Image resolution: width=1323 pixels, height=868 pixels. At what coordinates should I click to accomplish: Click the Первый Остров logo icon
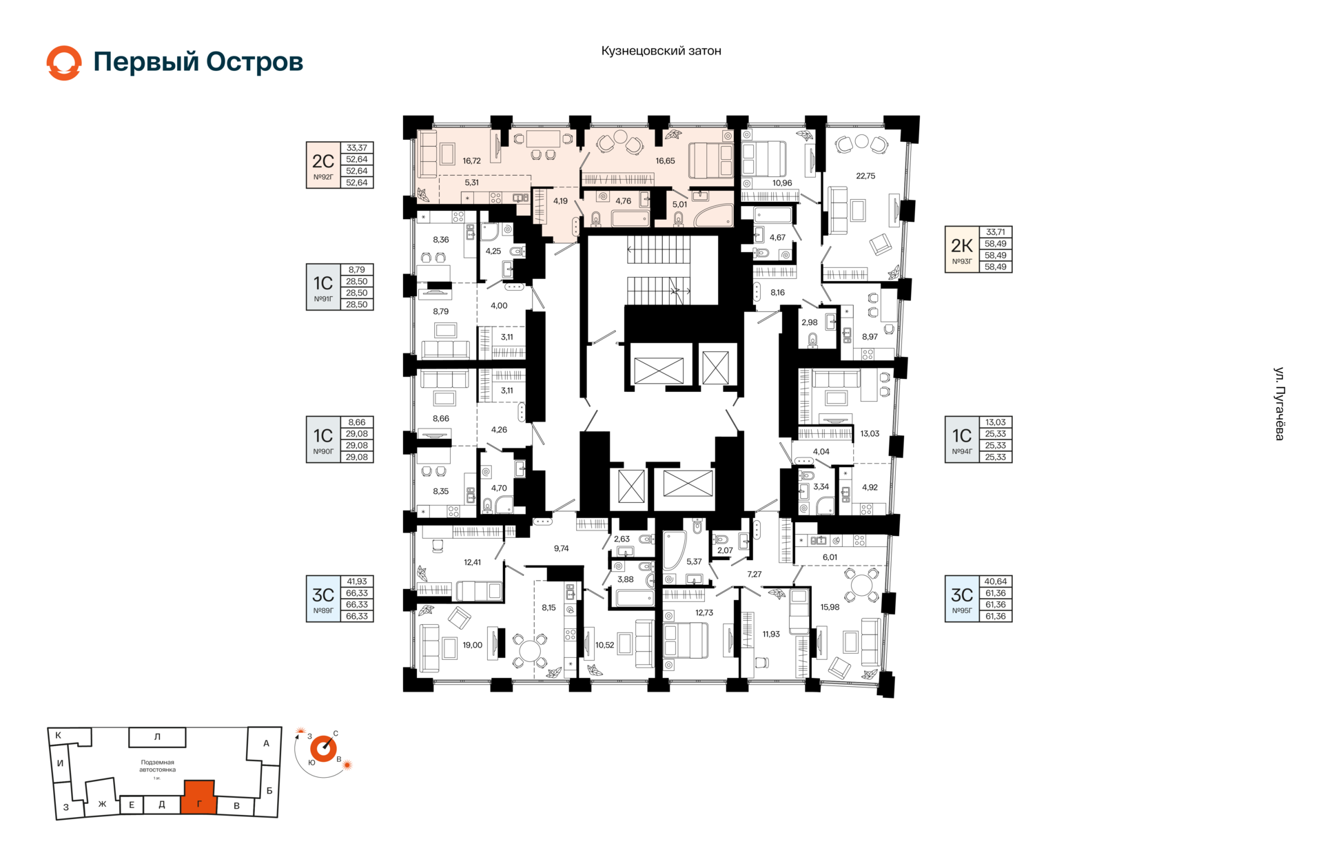pos(64,63)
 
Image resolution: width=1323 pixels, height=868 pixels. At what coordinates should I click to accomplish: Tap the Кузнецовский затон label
pos(661,51)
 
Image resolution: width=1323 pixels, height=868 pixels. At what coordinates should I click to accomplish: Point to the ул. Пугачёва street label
pos(1279,404)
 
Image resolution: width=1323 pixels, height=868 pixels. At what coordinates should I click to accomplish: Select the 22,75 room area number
pos(865,176)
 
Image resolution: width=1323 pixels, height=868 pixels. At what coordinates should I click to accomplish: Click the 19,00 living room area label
pos(473,645)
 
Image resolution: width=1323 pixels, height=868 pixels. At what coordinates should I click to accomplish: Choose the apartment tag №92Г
pos(323,178)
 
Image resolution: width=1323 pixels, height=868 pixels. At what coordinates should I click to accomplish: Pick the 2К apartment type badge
pos(962,245)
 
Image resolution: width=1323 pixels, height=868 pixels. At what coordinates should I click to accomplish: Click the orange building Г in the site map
pos(199,798)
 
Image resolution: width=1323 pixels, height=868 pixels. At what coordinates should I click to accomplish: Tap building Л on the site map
pos(157,737)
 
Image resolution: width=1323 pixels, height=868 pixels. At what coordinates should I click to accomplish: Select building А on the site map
pos(265,744)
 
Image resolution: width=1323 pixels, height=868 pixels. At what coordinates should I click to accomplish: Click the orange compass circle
pos(323,749)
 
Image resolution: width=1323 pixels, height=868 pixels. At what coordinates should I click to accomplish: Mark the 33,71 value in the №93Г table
pos(995,232)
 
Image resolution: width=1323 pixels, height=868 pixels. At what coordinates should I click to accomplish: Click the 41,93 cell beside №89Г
pos(357,581)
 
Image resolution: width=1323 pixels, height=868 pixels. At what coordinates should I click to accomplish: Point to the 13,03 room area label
pos(870,434)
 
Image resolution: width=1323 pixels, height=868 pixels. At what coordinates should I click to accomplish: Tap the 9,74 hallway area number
pos(562,549)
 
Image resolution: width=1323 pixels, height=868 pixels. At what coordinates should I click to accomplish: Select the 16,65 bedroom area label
pos(665,161)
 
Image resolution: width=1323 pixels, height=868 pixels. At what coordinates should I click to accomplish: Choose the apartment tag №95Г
pos(962,611)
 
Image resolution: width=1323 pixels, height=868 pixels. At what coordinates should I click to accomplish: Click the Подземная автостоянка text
pos(157,766)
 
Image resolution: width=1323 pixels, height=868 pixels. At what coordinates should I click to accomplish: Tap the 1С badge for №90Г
pos(323,436)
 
